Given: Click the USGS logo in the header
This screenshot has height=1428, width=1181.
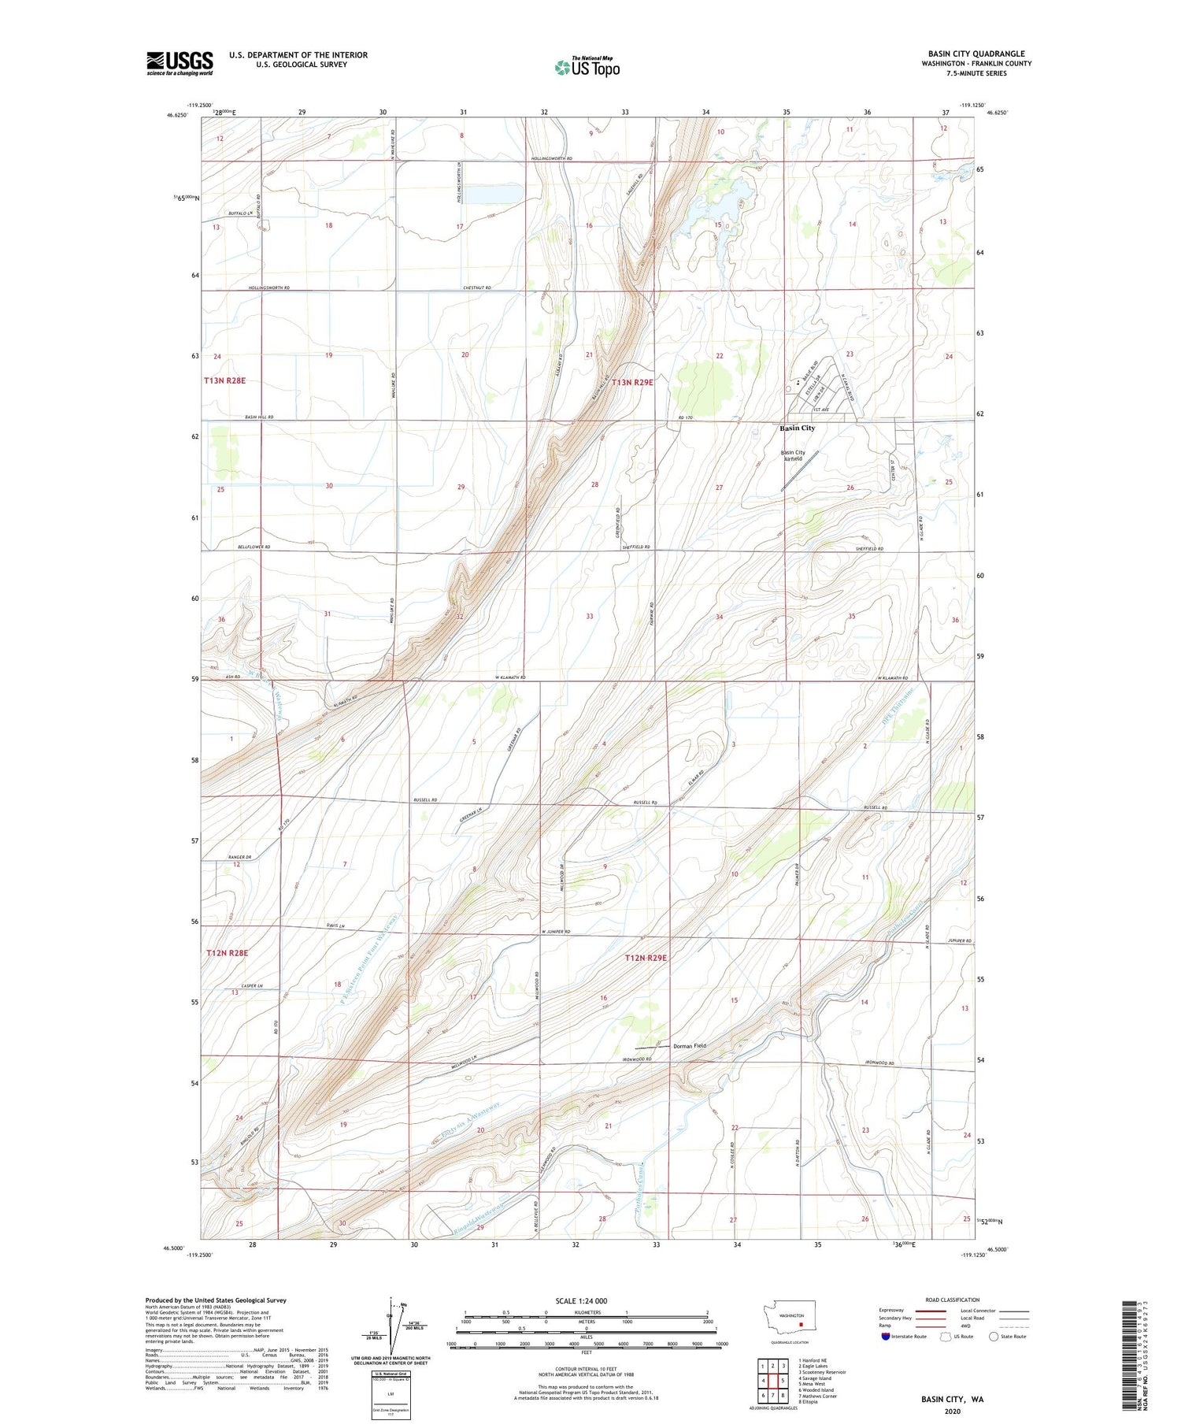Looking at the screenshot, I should click(x=180, y=63).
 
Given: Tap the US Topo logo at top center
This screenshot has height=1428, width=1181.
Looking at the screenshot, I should click(x=587, y=67).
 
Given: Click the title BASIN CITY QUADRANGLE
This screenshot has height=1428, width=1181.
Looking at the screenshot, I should click(x=979, y=54).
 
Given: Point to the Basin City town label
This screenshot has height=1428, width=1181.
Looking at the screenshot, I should click(x=797, y=428).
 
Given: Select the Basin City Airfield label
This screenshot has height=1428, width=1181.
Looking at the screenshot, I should click(x=793, y=456).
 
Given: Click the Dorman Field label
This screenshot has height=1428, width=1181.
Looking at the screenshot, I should click(x=689, y=1046).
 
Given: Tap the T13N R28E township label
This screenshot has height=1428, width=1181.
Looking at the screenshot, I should click(x=225, y=380).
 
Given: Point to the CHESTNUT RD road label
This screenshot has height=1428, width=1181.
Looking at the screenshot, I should click(x=477, y=288).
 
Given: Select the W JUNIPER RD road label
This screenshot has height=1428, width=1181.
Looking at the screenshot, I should click(x=555, y=933).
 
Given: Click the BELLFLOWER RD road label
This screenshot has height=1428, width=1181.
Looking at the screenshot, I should click(x=254, y=547).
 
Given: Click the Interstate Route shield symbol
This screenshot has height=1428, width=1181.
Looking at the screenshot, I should click(x=887, y=1337).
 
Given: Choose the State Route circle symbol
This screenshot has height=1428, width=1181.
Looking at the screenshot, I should click(x=994, y=1337).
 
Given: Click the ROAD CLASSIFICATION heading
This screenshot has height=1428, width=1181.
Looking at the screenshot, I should click(x=953, y=1300).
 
